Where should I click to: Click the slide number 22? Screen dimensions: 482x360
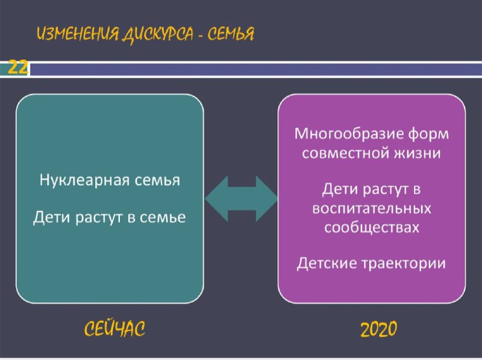(18, 67)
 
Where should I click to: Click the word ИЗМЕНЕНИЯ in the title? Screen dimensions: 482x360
(78, 34)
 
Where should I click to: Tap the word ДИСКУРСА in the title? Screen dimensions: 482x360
(158, 34)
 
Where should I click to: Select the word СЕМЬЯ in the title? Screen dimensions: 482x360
(231, 34)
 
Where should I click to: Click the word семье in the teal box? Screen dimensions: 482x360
(163, 218)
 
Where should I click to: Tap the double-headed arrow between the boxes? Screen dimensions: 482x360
(242, 199)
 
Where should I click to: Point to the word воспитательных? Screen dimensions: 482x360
(372, 208)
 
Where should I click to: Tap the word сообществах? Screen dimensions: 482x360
(372, 227)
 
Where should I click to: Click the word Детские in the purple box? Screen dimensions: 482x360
(326, 264)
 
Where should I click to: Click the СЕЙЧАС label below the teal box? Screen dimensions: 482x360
(114, 328)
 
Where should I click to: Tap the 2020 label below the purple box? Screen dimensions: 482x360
(379, 329)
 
